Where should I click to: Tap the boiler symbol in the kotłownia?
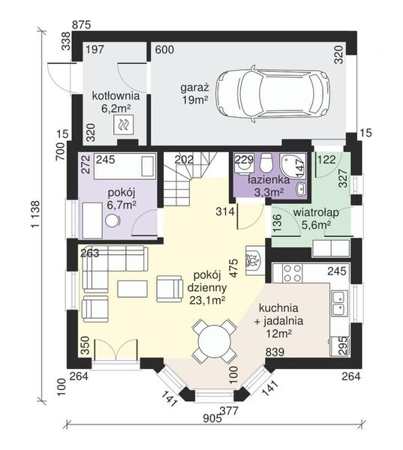coord(124,124)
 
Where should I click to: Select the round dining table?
coord(215,341)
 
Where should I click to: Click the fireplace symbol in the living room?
coord(255,261)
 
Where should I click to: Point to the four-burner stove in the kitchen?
coord(293,273)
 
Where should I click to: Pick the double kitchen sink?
coord(339,306)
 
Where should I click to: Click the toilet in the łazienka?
coord(266,163)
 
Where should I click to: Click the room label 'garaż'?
coord(194,88)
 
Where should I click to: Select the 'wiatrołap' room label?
coord(316,213)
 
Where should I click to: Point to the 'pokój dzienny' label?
coord(207,281)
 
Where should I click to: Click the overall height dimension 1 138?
coord(35,214)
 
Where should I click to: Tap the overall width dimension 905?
coord(212,418)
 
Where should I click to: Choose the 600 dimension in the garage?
coord(164,49)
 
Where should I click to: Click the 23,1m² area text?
coord(207,300)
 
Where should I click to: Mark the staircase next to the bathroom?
coord(191,178)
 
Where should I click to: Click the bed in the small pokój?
coord(125,166)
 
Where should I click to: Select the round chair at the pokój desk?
coord(113,221)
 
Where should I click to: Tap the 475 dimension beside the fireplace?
coord(234,268)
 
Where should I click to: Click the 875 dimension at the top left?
coord(81,25)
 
